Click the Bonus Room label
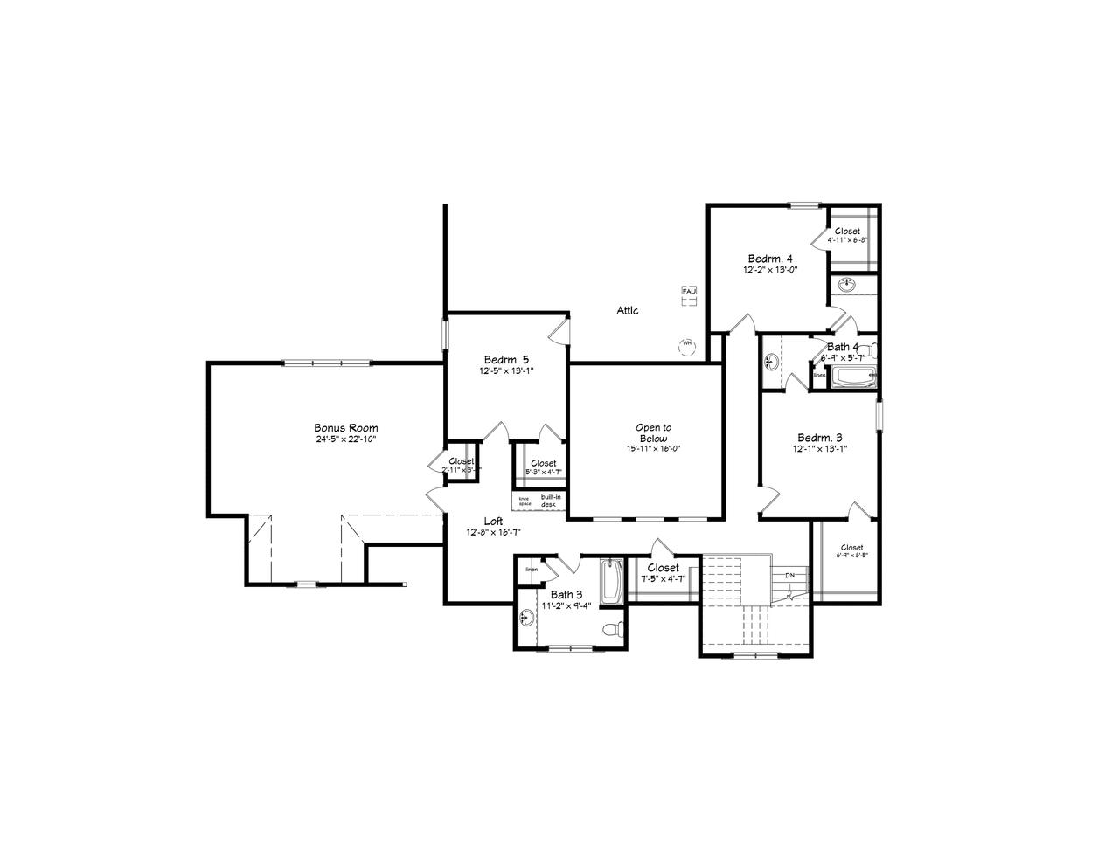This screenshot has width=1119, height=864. pyautogui.click(x=346, y=428)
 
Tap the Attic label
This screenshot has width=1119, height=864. pyautogui.click(x=628, y=310)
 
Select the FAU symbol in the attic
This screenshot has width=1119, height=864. pyautogui.click(x=689, y=291)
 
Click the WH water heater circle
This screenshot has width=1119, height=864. pyautogui.click(x=686, y=344)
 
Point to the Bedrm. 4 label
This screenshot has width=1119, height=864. pyautogui.click(x=770, y=259)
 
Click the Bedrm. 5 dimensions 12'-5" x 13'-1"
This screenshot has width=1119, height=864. pyautogui.click(x=506, y=370)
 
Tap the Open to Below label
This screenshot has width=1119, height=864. pyautogui.click(x=653, y=433)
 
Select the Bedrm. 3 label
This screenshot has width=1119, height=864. pyautogui.click(x=820, y=438)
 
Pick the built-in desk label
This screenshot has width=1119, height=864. pyautogui.click(x=548, y=501)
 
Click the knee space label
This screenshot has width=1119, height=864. pyautogui.click(x=525, y=501)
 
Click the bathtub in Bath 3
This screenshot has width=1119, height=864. pyautogui.click(x=610, y=581)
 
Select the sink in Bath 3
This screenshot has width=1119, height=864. pyautogui.click(x=525, y=619)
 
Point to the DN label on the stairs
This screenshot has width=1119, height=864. pyautogui.click(x=790, y=575)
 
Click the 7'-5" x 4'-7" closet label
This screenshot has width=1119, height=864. pyautogui.click(x=664, y=578)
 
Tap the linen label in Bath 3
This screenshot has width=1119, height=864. pyautogui.click(x=532, y=570)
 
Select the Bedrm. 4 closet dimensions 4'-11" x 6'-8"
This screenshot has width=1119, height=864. pyautogui.click(x=847, y=239)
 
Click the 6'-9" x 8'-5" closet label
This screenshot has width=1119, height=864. pyautogui.click(x=851, y=555)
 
